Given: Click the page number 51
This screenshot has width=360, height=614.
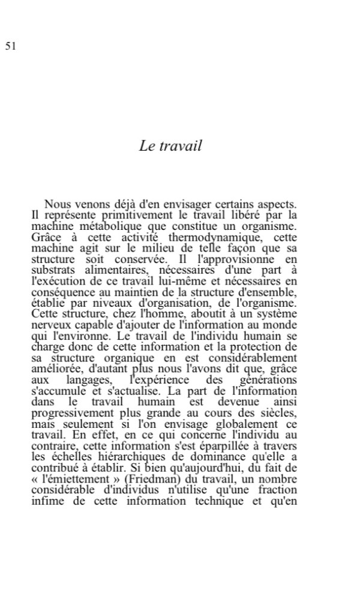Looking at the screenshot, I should [x=10, y=46].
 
